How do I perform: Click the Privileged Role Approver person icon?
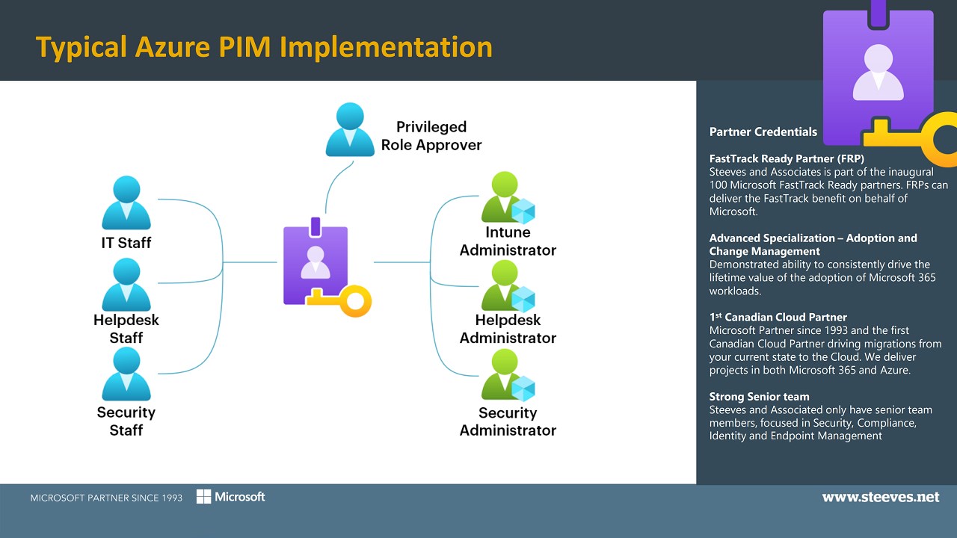(x=350, y=131)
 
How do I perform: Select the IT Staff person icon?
(x=126, y=203)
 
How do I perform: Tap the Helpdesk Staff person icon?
(x=126, y=285)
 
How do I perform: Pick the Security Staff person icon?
(x=126, y=374)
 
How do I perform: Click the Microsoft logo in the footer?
(x=231, y=497)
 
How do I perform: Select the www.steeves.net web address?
(x=880, y=497)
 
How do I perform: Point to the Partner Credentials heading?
(x=763, y=132)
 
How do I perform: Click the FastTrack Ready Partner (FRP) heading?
(x=787, y=159)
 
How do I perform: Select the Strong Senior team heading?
(x=759, y=397)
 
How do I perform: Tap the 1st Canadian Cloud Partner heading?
(x=778, y=317)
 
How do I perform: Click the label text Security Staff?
(x=126, y=421)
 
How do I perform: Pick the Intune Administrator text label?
(x=508, y=241)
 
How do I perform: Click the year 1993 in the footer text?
(x=170, y=498)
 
